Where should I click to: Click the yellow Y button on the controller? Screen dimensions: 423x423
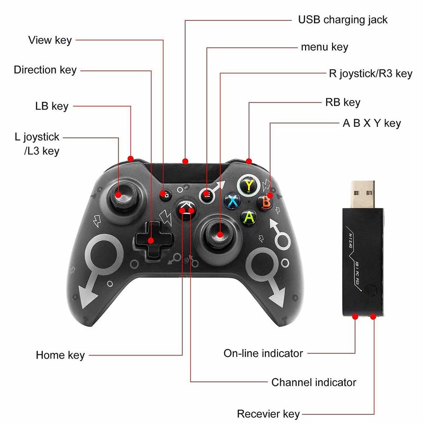click(249, 186)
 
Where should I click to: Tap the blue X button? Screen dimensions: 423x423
click(232, 201)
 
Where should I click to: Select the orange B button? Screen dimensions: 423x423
click(265, 203)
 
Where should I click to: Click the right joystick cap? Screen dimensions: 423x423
click(219, 233)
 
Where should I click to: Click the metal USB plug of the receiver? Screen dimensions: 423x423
click(363, 194)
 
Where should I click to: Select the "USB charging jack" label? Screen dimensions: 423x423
click(343, 20)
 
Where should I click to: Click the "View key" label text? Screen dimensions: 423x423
click(50, 40)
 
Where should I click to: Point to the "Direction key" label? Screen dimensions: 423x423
click(45, 70)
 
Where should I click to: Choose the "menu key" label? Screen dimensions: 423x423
click(325, 47)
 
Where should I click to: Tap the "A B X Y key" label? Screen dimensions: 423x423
click(372, 123)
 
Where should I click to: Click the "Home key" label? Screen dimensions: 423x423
click(60, 355)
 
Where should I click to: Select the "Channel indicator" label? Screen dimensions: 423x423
click(314, 382)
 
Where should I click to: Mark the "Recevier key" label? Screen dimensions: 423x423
click(269, 414)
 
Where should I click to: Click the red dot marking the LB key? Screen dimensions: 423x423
click(131, 159)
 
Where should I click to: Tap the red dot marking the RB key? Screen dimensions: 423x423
click(249, 161)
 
